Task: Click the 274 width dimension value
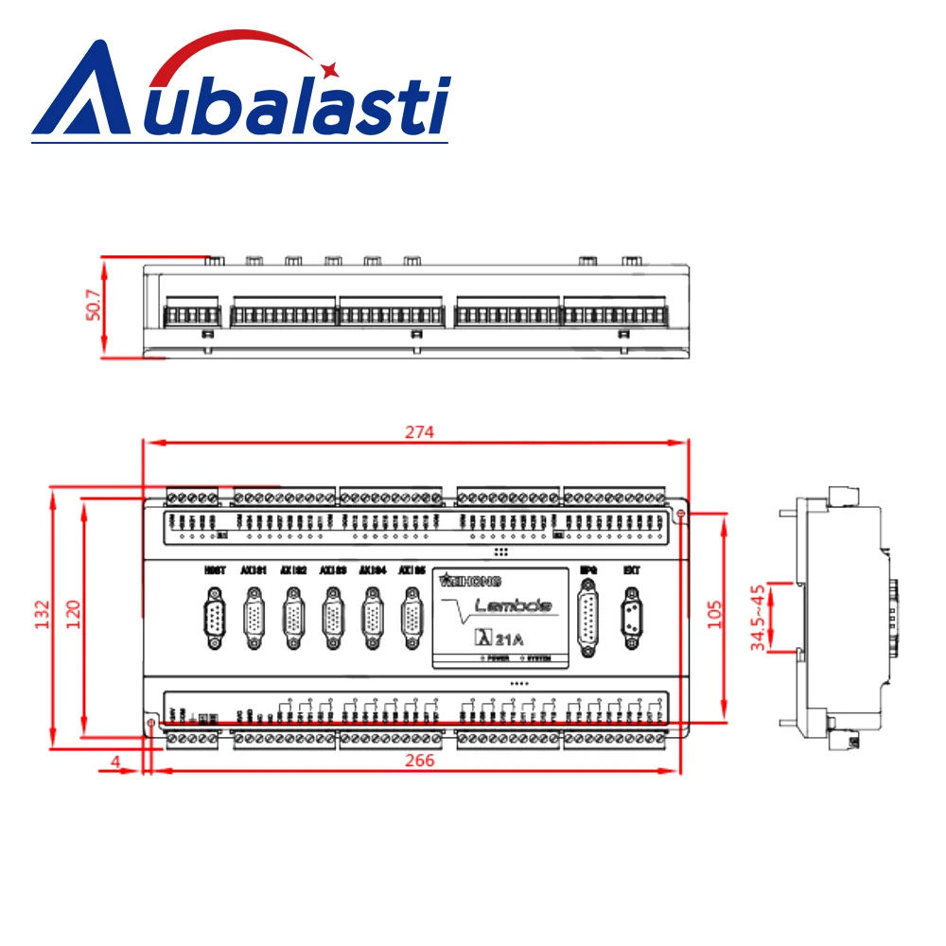pyautogui.click(x=419, y=431)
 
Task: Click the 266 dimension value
pyautogui.click(x=419, y=761)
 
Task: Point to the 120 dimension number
pyautogui.click(x=74, y=614)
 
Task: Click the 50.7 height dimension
pyautogui.click(x=93, y=306)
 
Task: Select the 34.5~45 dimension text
pyautogui.click(x=758, y=617)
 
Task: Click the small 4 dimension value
pyautogui.click(x=114, y=761)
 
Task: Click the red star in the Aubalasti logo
pyautogui.click(x=331, y=68)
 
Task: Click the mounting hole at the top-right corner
pyautogui.click(x=680, y=512)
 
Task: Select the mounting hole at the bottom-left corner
pyautogui.click(x=150, y=724)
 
